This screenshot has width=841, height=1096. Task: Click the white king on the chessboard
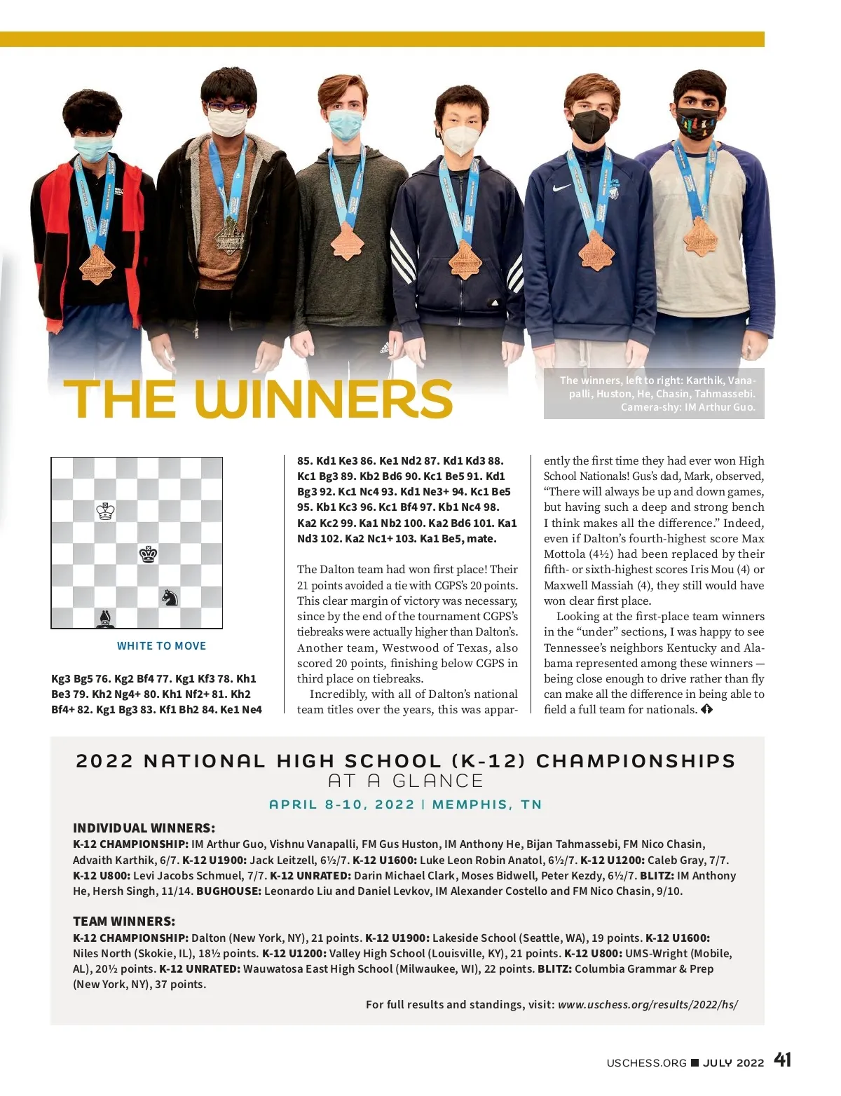tap(105, 511)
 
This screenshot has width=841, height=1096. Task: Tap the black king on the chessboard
tap(148, 554)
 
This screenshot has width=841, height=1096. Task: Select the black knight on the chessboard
tap(170, 597)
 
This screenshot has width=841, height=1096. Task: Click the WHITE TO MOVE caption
tap(161, 646)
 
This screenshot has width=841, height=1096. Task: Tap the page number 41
tap(783, 1060)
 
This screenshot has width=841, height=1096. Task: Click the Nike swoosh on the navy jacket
tap(562, 188)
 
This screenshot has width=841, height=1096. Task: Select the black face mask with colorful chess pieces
tap(696, 123)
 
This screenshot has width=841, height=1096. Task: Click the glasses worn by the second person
tap(227, 107)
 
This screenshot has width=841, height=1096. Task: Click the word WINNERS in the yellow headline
tap(323, 399)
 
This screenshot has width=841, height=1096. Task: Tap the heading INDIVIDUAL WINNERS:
tap(144, 828)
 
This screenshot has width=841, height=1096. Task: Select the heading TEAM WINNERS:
tap(124, 921)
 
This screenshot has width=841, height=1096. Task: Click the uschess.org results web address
tap(648, 1004)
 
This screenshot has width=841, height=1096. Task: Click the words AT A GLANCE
tap(406, 781)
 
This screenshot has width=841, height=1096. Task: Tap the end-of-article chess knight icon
tap(706, 709)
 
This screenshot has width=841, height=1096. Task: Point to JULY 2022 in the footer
tap(733, 1062)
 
